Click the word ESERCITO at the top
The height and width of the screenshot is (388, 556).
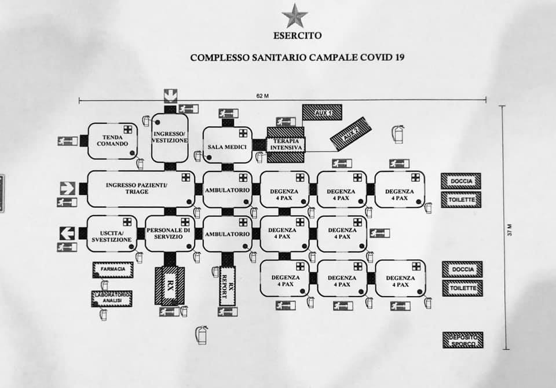(297, 35)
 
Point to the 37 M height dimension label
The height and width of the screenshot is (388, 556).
(510, 229)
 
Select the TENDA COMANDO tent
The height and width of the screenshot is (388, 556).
(112, 140)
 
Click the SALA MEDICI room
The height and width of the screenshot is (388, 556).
(227, 147)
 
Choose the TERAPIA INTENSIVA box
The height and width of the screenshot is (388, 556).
(287, 144)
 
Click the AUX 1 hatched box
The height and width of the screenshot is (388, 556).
(322, 112)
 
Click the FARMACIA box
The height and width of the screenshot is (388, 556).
(113, 269)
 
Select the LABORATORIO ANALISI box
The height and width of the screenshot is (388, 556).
(112, 298)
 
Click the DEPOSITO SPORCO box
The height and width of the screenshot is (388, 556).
(462, 340)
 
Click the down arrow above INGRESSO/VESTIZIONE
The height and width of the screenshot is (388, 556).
(170, 94)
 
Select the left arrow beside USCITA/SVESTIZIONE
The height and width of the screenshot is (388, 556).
(68, 233)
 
